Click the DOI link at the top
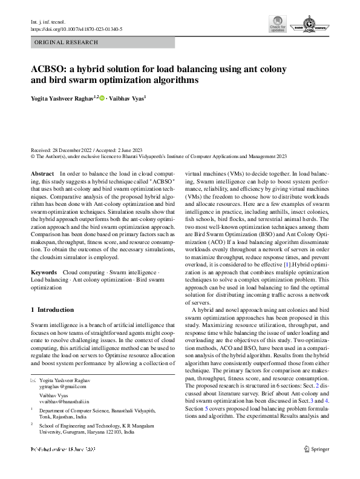(76, 28)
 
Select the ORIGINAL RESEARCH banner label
(67, 42)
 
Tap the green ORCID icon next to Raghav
(101, 98)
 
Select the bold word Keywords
(44, 273)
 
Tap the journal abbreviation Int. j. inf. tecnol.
(46, 22)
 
